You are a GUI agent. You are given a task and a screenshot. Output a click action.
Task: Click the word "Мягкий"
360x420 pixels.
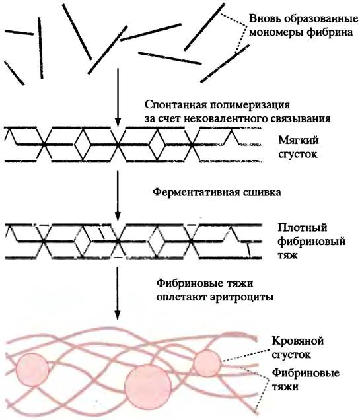(299, 140)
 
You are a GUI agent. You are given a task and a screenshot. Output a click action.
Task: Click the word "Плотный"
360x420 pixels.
(303, 228)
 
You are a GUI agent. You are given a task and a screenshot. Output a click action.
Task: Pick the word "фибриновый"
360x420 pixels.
(311, 242)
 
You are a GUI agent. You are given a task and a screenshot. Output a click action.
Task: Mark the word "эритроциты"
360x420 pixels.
(244, 297)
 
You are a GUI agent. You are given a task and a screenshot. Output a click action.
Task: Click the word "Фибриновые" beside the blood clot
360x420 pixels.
(305, 373)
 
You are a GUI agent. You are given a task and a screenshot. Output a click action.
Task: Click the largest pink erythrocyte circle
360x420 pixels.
(148, 386)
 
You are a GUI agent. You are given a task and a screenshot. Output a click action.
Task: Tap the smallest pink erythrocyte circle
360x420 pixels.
(207, 363)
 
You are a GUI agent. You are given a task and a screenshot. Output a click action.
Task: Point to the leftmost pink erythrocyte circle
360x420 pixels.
(32, 370)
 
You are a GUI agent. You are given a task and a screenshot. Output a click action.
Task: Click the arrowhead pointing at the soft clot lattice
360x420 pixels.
(118, 122)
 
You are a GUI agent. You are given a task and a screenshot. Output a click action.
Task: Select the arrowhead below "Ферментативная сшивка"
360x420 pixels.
(118, 216)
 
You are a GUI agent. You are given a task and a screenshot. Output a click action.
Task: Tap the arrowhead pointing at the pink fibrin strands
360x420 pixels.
(117, 314)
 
